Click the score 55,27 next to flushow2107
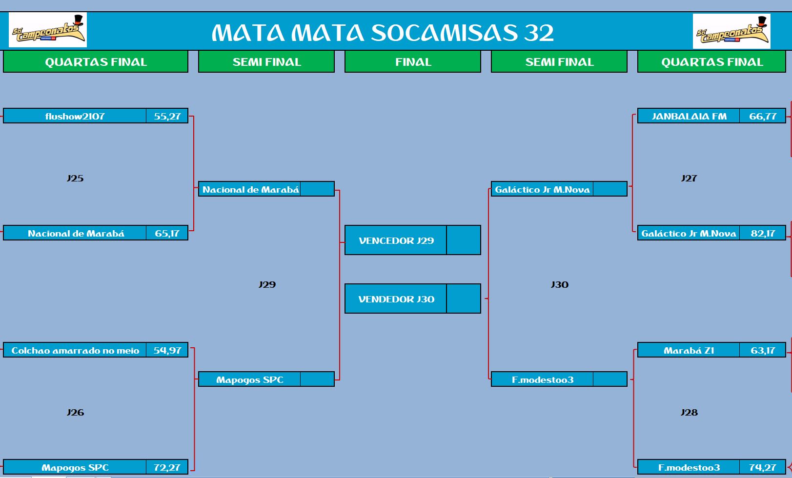pyautogui.click(x=167, y=116)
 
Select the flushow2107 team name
pyautogui.click(x=75, y=116)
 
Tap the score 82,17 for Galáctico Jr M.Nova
pyautogui.click(x=763, y=233)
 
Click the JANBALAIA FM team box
pyautogui.click(x=689, y=116)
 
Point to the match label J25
pyautogui.click(x=75, y=178)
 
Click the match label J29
pyautogui.click(x=267, y=284)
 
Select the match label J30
pyautogui.click(x=560, y=284)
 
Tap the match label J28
pyautogui.click(x=689, y=412)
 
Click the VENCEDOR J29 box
pyautogui.click(x=396, y=240)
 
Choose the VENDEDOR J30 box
pyautogui.click(x=396, y=299)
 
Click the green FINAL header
pyautogui.click(x=413, y=62)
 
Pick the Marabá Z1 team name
pyautogui.click(x=689, y=351)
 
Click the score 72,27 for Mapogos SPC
pyautogui.click(x=167, y=467)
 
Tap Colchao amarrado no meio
pyautogui.click(x=75, y=351)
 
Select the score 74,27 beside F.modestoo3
pyautogui.click(x=763, y=467)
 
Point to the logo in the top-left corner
pyautogui.click(x=48, y=30)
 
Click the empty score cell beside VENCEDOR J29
pyautogui.click(x=464, y=240)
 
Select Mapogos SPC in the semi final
pyautogui.click(x=250, y=379)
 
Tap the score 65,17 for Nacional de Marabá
pyautogui.click(x=167, y=233)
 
